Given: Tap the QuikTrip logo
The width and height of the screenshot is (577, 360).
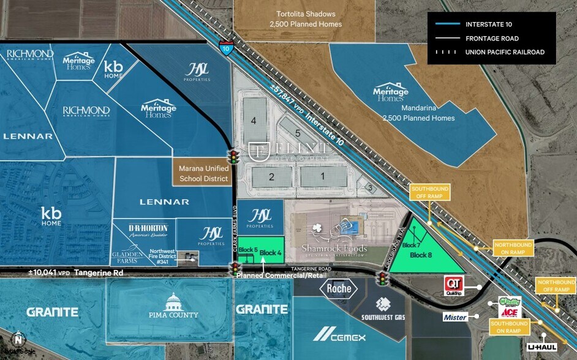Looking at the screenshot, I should click(453, 284).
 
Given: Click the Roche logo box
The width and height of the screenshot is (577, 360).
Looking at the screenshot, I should click(339, 288).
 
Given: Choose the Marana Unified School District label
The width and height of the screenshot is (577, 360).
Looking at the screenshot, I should click(203, 173).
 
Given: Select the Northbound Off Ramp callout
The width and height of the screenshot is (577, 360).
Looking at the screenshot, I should click(556, 285).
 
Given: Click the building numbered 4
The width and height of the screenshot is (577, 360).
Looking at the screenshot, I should click(253, 121).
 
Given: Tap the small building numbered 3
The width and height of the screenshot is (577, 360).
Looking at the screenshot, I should click(369, 188).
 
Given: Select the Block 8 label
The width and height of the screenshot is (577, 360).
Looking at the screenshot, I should click(421, 255).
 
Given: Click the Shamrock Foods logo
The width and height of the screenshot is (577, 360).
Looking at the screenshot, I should click(333, 240).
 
